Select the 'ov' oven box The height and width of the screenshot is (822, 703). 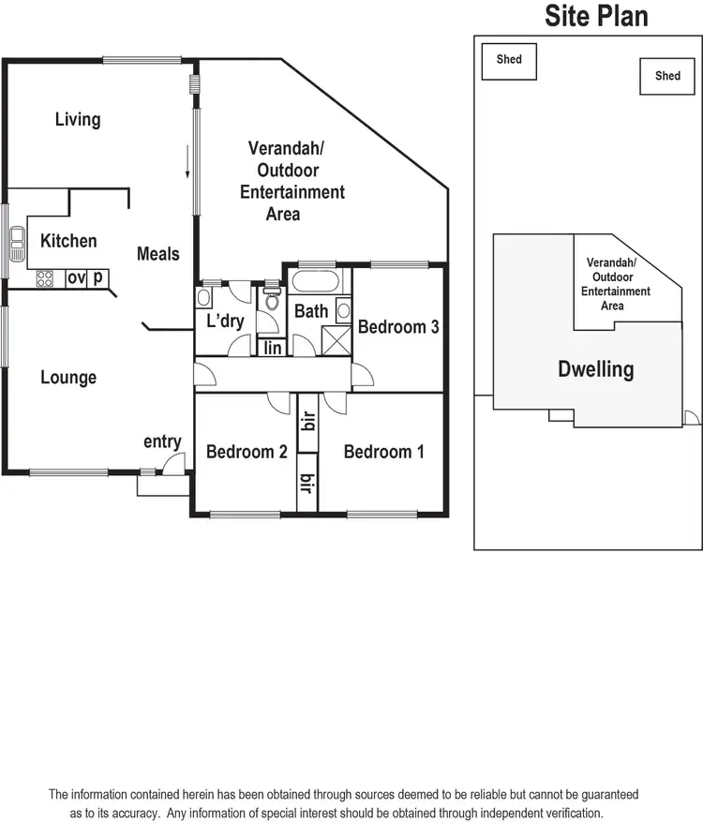pyautogui.click(x=76, y=278)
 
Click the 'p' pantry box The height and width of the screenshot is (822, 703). pyautogui.click(x=98, y=278)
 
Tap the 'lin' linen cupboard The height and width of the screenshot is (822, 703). pyautogui.click(x=273, y=348)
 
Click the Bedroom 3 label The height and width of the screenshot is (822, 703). pyautogui.click(x=398, y=327)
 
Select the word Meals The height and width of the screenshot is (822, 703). pyautogui.click(x=157, y=253)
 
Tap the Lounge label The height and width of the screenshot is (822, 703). pyautogui.click(x=68, y=378)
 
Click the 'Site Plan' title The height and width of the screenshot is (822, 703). pyautogui.click(x=596, y=16)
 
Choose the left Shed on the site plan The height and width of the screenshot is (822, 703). pyautogui.click(x=509, y=60)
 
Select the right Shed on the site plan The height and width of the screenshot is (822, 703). pyautogui.click(x=667, y=76)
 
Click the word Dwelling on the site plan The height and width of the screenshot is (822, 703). pyautogui.click(x=595, y=369)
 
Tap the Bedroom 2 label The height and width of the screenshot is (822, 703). pyautogui.click(x=247, y=452)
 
